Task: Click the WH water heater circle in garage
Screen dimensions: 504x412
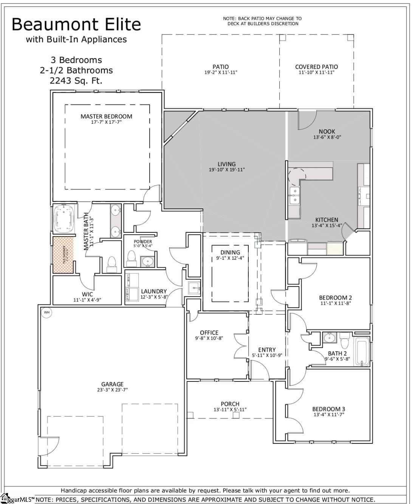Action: click(46, 312)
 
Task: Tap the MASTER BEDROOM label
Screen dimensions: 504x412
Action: click(106, 116)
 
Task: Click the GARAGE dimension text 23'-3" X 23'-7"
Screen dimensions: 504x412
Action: click(112, 390)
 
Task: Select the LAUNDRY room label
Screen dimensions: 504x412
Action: click(153, 291)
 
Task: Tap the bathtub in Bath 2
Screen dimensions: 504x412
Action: click(362, 352)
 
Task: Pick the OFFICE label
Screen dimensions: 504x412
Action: click(209, 333)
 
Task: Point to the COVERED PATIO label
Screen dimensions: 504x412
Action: click(316, 67)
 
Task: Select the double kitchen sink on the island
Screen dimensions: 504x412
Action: click(294, 195)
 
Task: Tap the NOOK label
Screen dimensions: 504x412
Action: click(327, 132)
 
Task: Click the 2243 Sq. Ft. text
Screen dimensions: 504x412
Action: click(76, 81)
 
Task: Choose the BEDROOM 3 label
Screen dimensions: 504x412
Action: click(328, 409)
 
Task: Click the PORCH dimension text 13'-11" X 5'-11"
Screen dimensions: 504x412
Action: click(230, 409)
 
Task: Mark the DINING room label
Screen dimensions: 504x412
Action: click(230, 252)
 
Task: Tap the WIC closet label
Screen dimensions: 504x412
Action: click(87, 294)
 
